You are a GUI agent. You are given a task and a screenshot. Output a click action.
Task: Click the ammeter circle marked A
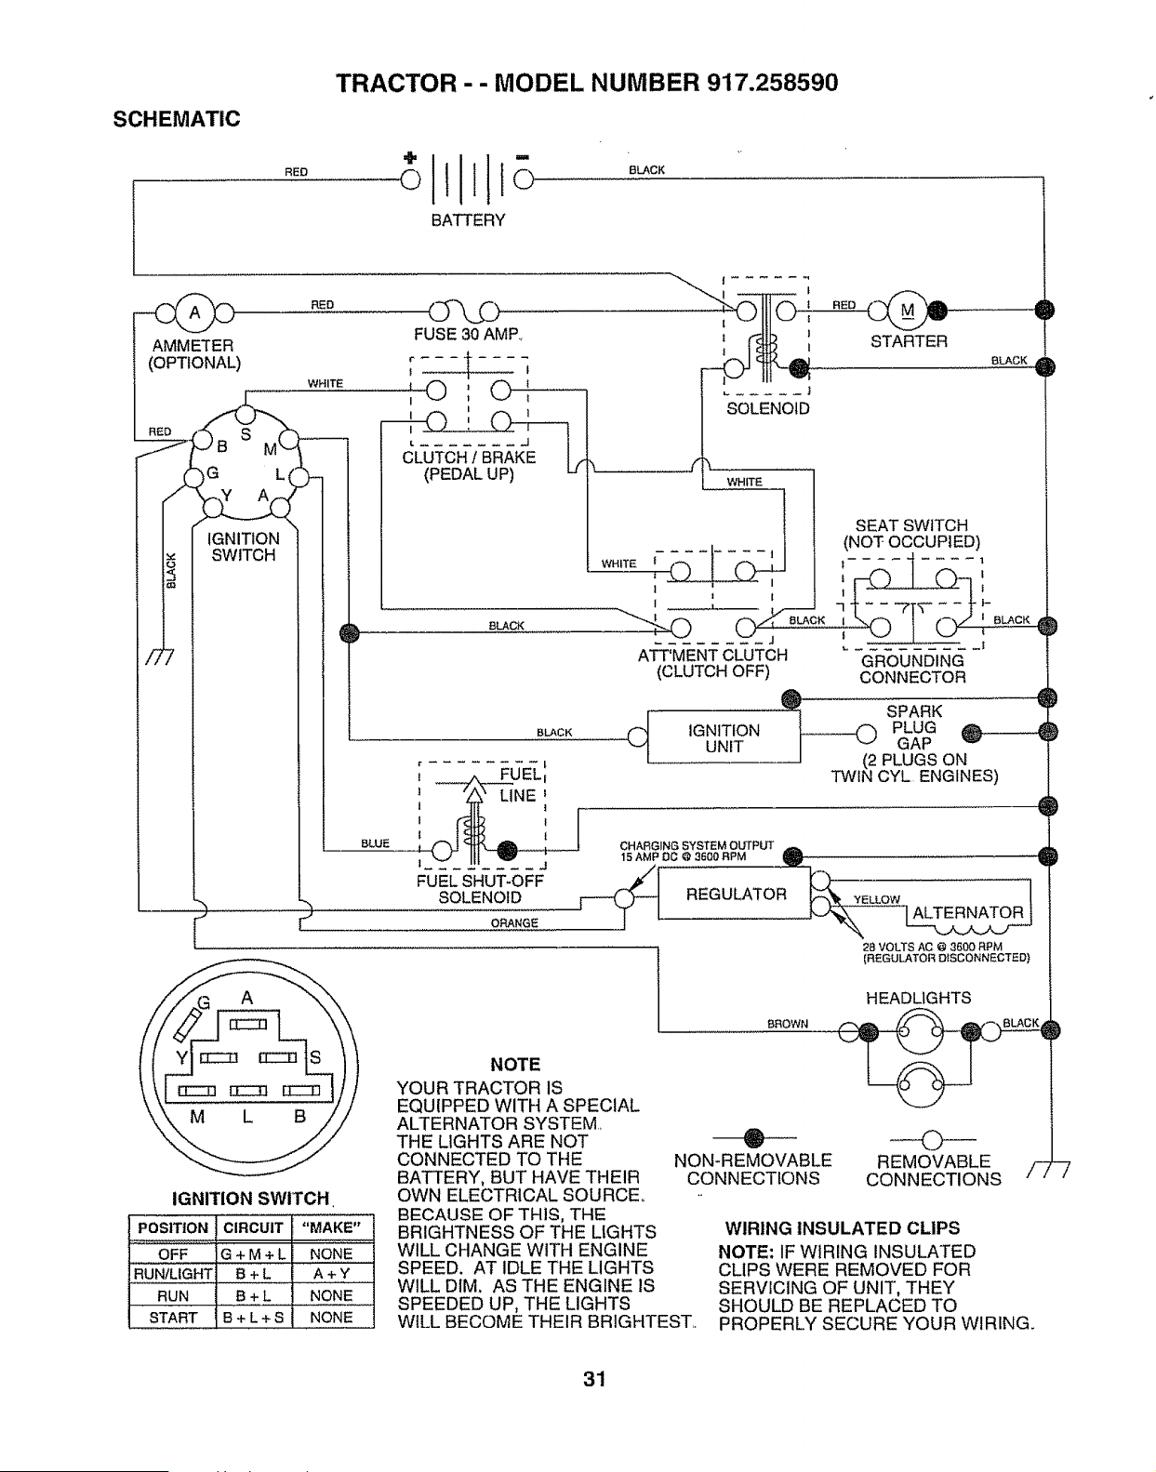click(x=194, y=313)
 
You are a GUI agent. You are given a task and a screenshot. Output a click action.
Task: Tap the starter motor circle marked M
click(x=908, y=311)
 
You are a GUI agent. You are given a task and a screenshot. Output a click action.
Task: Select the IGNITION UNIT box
click(x=724, y=737)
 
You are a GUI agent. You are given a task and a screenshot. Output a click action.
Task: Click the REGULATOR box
click(x=734, y=895)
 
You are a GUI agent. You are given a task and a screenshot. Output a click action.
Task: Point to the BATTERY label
click(x=468, y=220)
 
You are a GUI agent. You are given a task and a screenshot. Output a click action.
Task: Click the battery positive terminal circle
click(x=410, y=179)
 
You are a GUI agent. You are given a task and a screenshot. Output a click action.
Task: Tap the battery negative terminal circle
click(x=524, y=179)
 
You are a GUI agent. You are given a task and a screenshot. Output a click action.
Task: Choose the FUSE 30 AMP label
click(x=467, y=334)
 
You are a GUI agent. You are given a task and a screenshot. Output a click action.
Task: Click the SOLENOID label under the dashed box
click(x=768, y=408)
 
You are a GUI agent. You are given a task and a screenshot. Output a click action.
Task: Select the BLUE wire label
click(x=375, y=843)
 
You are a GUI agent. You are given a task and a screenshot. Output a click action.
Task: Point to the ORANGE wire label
click(x=514, y=922)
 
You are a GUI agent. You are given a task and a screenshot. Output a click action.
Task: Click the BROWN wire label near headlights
click(x=788, y=1024)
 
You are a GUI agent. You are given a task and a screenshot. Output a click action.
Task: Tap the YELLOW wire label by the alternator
click(x=876, y=899)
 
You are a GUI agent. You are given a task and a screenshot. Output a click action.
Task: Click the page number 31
click(x=594, y=1379)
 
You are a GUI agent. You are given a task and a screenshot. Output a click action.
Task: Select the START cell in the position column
click(x=173, y=1318)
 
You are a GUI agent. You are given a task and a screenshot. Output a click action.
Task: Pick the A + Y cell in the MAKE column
click(x=331, y=1274)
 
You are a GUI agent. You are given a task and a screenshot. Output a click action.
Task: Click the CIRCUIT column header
click(x=253, y=1228)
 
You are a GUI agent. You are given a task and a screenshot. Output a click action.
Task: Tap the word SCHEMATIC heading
click(x=176, y=119)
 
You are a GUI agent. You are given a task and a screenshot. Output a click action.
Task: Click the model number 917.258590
click(x=772, y=83)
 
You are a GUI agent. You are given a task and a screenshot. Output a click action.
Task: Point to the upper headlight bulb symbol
click(x=919, y=1031)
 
